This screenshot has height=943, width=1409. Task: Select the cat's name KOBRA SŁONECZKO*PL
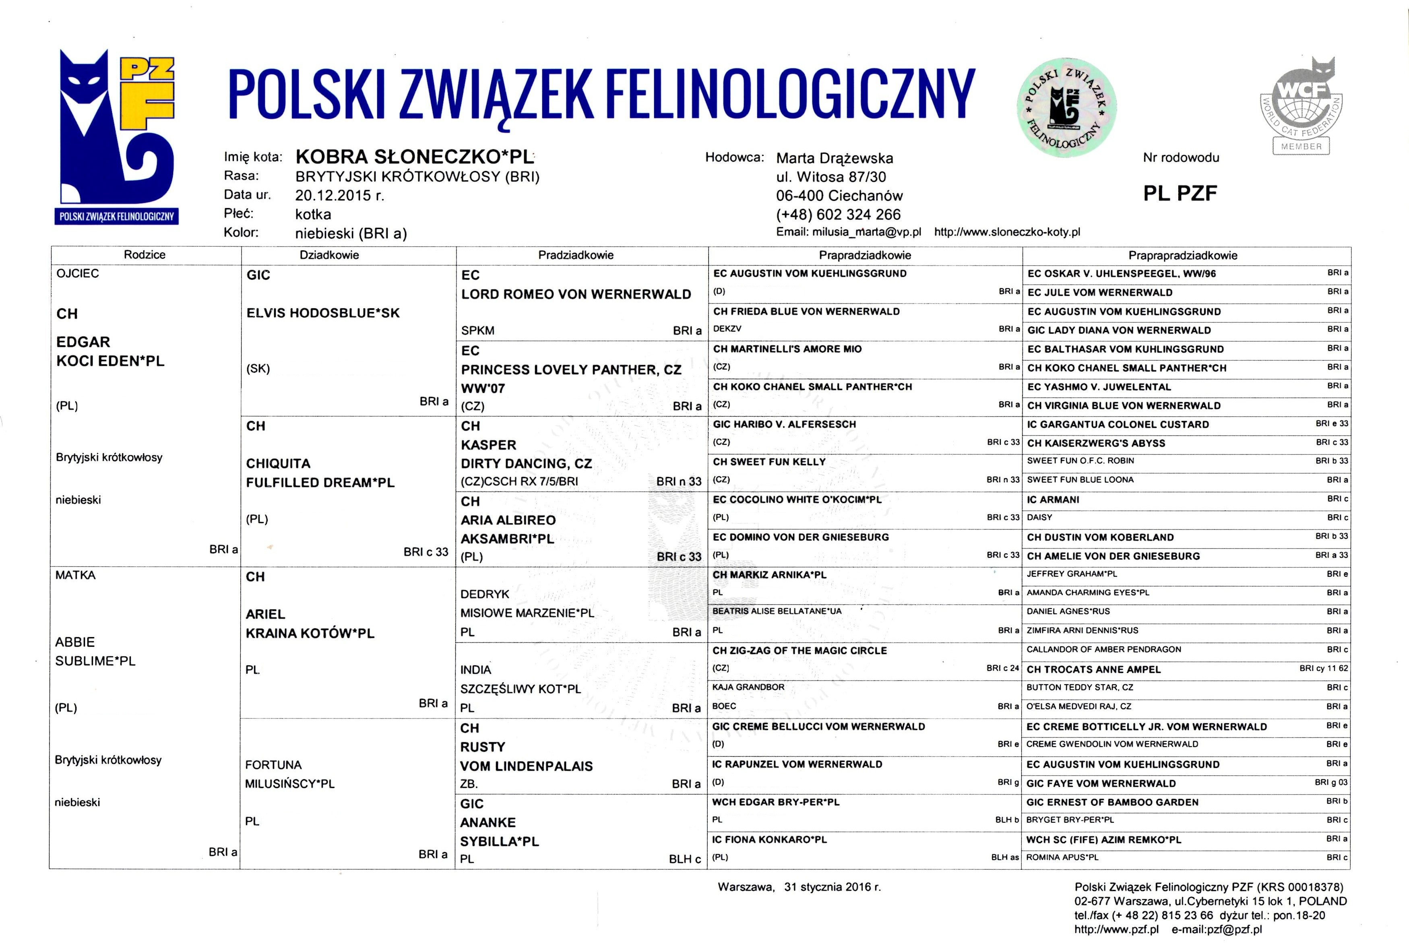[414, 157]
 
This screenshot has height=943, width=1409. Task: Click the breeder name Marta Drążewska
[835, 158]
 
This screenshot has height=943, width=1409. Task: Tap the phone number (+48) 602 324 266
[838, 215]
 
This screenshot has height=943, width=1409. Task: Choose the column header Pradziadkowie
[576, 255]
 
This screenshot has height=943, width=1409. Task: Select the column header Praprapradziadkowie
[1182, 256]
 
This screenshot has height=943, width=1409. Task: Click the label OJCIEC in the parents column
[78, 274]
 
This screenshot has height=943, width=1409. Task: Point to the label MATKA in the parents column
[75, 576]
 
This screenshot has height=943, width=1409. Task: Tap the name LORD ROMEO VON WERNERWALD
[576, 294]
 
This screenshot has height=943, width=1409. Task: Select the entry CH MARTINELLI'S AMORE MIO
[787, 349]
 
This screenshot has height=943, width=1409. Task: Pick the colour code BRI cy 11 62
[1324, 668]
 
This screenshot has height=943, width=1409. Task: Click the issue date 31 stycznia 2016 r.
[832, 887]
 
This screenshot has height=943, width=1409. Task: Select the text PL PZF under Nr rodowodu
[1180, 193]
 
